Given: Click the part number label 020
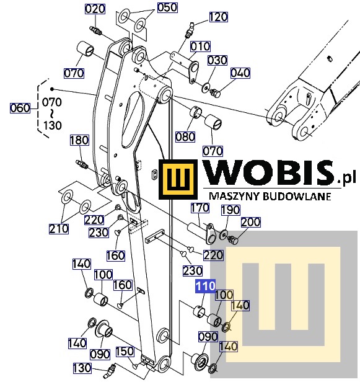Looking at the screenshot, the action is tap(95, 9).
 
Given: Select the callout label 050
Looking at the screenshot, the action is tap(167, 7).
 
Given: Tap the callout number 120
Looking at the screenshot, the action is tap(218, 17).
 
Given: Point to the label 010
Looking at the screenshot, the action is tap(200, 47).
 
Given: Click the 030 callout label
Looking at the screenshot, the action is tap(217, 60).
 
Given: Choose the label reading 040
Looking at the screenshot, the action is tap(240, 73).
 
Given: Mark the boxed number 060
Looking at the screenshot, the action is tap(20, 108).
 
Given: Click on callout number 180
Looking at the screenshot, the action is tap(79, 140).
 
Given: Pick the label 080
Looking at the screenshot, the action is tap(185, 137).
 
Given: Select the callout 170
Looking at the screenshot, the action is tap(200, 208).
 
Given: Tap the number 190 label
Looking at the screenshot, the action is tap(230, 210).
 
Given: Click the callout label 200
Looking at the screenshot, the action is tap(250, 222).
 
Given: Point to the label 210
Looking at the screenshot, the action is tap(59, 229).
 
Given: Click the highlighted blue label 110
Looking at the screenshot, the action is tap(206, 286).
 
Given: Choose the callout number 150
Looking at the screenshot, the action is tap(125, 351).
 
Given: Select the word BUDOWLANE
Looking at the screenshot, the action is tap(297, 196).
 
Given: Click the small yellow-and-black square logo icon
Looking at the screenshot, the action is tap(178, 179).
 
